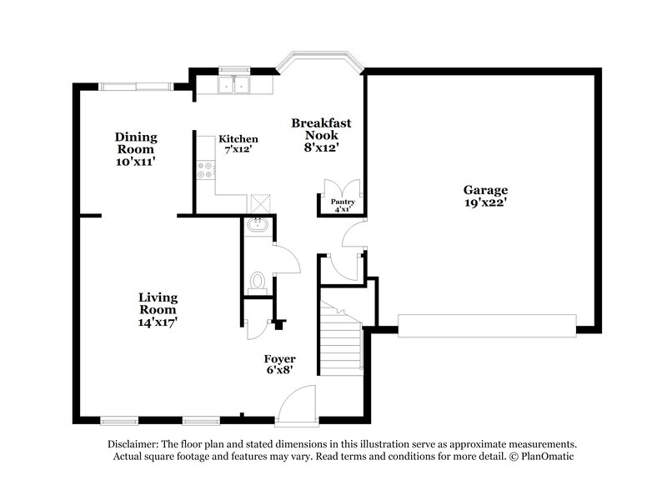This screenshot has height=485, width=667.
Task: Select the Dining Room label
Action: tap(136, 142)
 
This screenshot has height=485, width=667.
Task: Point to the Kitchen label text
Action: tap(238, 139)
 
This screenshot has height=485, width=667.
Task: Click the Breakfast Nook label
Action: tap(321, 128)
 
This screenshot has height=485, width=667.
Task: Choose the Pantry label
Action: tap(343, 202)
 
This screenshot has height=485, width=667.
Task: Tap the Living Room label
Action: tap(158, 303)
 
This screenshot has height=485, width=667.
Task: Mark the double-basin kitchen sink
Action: tap(234, 84)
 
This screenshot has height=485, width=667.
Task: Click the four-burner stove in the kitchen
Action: tap(204, 170)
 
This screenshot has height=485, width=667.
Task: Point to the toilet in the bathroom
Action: tap(257, 282)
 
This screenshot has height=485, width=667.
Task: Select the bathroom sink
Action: tap(258, 223)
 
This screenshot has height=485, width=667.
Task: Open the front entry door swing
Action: tap(296, 406)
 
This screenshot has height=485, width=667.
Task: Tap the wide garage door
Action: tap(487, 325)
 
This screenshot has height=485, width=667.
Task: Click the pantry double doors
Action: tap(343, 187)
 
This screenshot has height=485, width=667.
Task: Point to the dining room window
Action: tap(137, 85)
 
